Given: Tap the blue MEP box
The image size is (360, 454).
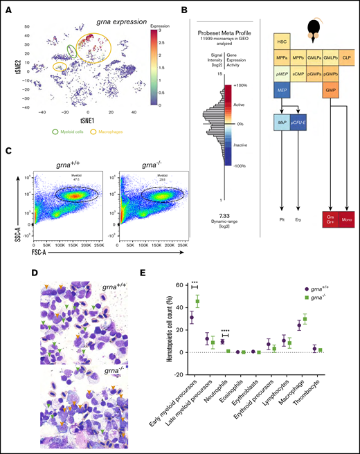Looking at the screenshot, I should click(x=280, y=89).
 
